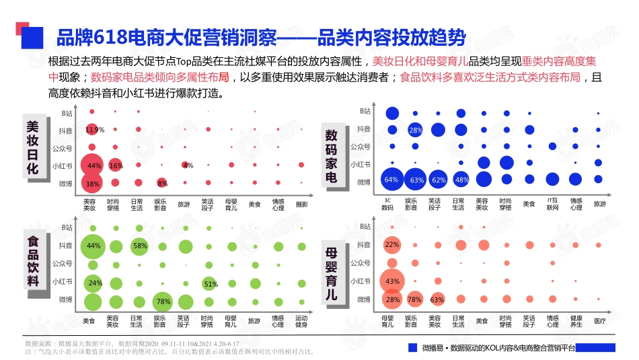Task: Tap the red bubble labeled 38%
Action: coord(93,183)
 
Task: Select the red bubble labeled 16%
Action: coord(115,166)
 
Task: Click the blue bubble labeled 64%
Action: coord(391,180)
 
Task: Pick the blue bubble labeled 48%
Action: coord(461,180)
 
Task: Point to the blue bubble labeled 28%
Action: coord(415,130)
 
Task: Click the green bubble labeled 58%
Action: coord(139,246)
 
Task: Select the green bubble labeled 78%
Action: coord(162,301)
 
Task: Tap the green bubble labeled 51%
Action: coord(210,284)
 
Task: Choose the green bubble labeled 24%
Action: coord(94,283)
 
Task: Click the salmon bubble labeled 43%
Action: coord(392,281)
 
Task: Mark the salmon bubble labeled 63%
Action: coord(437,299)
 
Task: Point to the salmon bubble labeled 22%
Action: coord(391,246)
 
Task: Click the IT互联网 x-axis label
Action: coord(552,204)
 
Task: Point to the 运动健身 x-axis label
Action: coord(301,321)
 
